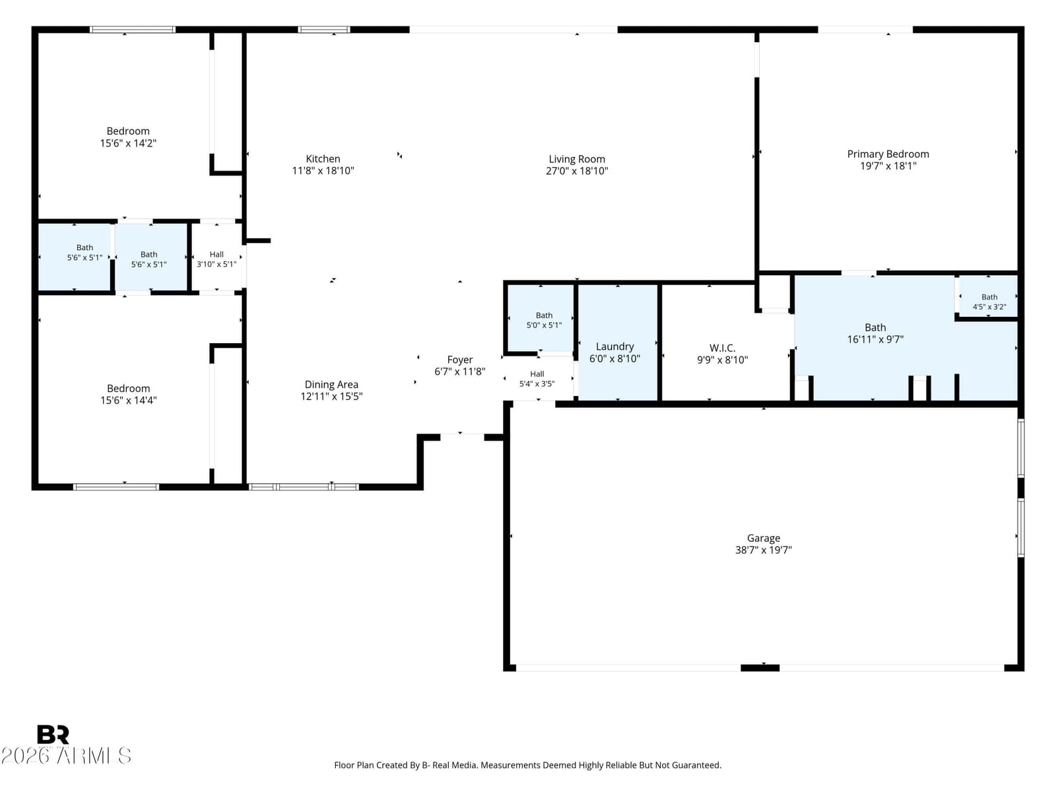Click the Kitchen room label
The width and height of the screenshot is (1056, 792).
click(323, 158)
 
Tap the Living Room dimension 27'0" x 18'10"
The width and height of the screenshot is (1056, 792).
click(577, 171)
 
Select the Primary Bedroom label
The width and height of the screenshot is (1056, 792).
click(888, 154)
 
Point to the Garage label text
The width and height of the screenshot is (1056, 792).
click(764, 538)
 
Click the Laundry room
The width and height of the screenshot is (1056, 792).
click(617, 343)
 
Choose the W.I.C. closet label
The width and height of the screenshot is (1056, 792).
click(722, 348)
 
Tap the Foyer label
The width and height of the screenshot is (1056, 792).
click(460, 360)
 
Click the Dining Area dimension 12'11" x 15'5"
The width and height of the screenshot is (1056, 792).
click(331, 396)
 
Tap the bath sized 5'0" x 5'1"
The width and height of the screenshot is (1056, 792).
click(541, 318)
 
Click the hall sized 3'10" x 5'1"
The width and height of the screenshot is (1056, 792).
click(216, 258)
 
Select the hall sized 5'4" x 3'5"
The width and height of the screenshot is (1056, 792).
click(537, 378)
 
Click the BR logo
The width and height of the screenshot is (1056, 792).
click(53, 735)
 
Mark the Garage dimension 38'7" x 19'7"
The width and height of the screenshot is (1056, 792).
click(764, 550)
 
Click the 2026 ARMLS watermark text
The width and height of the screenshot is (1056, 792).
click(66, 756)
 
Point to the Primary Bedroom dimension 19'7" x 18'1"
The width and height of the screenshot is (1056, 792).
click(888, 166)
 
